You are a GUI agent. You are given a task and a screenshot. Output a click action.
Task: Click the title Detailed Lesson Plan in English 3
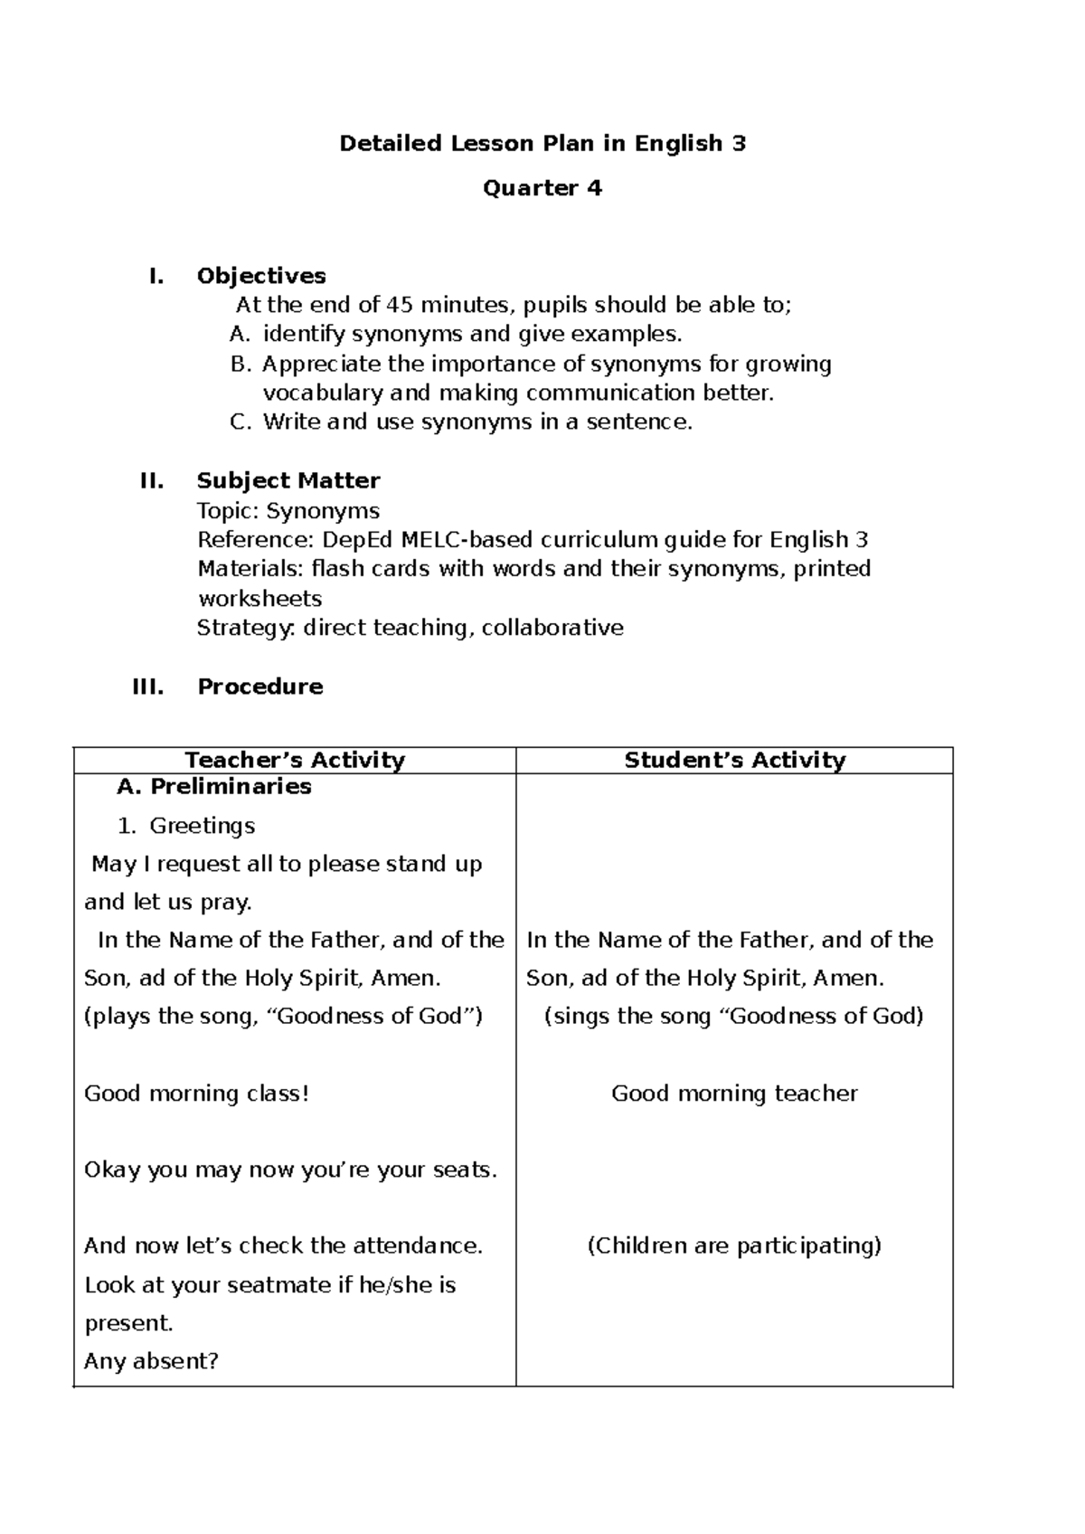click(x=542, y=144)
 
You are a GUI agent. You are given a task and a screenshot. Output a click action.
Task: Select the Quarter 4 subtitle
click(x=542, y=188)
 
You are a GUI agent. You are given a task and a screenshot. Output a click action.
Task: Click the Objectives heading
click(x=261, y=276)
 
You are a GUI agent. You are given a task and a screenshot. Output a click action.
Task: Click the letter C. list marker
click(x=240, y=422)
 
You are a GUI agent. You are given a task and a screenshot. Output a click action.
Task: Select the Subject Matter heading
click(x=288, y=480)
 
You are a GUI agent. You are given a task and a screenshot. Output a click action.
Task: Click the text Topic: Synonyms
click(x=288, y=511)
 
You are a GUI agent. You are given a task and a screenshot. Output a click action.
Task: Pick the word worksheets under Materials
click(x=259, y=599)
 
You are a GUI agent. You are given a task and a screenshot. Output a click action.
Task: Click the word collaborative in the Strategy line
click(x=552, y=628)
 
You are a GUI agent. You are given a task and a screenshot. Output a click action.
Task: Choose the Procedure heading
click(x=260, y=687)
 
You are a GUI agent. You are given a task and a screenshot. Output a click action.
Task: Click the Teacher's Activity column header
click(x=295, y=760)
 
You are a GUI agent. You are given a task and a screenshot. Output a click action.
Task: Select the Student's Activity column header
click(x=734, y=760)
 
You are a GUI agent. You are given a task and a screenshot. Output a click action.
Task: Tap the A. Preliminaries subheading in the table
click(x=214, y=787)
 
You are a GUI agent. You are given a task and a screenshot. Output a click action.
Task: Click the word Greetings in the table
click(x=202, y=826)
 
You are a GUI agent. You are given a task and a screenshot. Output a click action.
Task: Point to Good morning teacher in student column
click(x=734, y=1094)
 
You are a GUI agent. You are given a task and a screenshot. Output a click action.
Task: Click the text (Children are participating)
click(x=734, y=1246)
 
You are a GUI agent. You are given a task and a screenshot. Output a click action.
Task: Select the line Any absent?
click(x=151, y=1361)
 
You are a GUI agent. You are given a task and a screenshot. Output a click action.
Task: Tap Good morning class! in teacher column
click(x=196, y=1094)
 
